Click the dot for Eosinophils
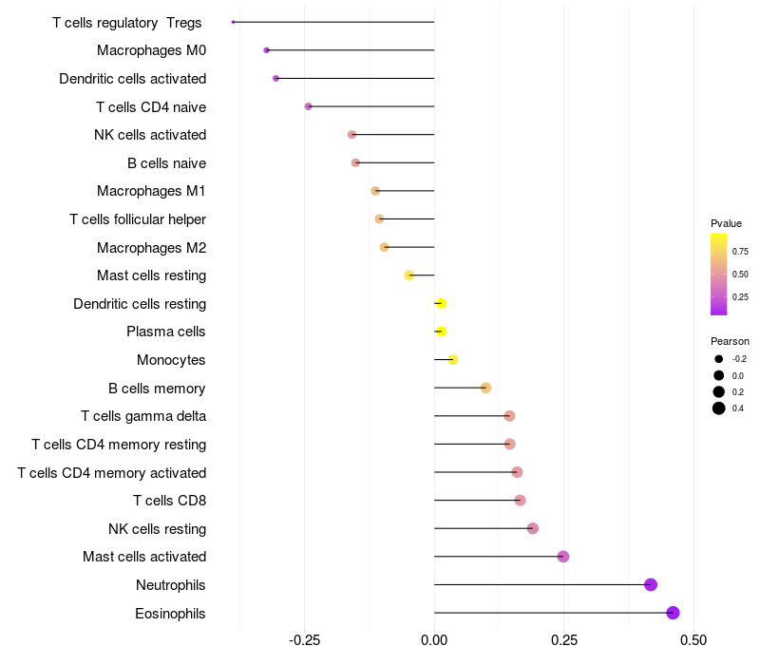point(674,613)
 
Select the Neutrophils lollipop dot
point(651,584)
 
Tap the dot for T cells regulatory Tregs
point(233,22)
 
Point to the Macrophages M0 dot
point(267,50)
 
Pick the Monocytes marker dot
point(453,359)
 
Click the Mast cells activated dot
point(563,557)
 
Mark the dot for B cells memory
point(485,388)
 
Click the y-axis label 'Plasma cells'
point(166,332)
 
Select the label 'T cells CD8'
point(170,501)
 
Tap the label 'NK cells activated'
point(150,135)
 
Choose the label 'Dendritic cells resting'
point(140,304)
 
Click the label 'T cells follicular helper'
point(138,219)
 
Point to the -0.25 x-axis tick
point(304,641)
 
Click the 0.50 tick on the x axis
point(693,641)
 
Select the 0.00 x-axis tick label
point(434,641)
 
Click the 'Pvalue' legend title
point(726,223)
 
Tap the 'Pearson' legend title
point(730,341)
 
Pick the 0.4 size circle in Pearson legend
point(719,408)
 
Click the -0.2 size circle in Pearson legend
point(719,359)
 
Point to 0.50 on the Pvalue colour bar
point(719,275)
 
